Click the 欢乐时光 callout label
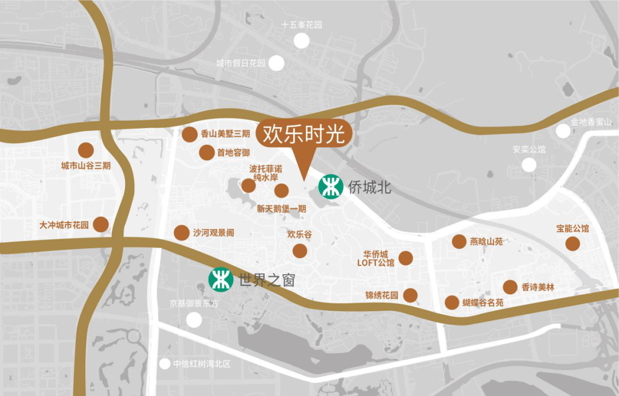pos(304,134)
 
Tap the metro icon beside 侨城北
pos(331,187)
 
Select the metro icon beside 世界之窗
pos(221,280)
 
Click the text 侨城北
pos(370,187)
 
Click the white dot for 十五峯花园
pos(301,41)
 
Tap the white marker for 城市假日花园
pos(277,63)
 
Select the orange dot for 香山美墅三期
pos(190,134)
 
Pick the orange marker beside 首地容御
pos(206,153)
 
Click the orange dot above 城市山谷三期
pos(86,150)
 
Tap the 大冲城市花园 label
pos(64,225)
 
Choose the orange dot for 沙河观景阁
pos(182,233)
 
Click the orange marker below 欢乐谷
pos(299,251)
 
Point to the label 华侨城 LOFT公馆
pos(375,259)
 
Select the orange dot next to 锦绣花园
pos(410,295)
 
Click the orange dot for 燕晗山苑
pos(459,241)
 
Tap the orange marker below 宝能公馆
pos(573,244)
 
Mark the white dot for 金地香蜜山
pos(563,132)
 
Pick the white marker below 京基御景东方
pos(194,319)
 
